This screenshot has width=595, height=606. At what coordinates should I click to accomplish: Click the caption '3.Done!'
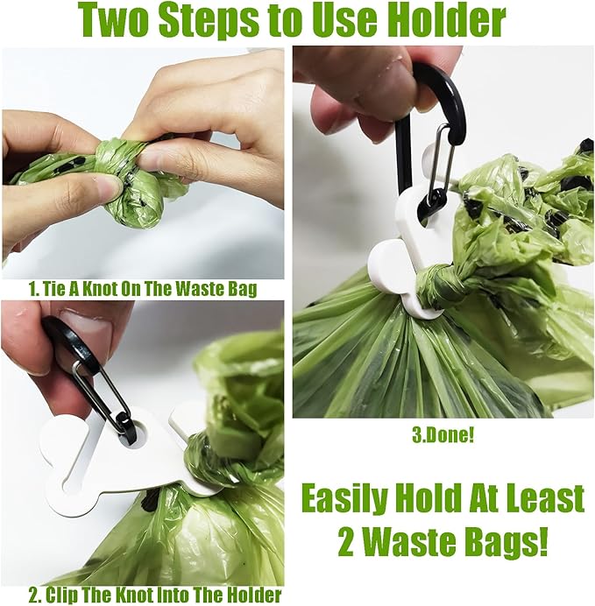pyautogui.click(x=443, y=434)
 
